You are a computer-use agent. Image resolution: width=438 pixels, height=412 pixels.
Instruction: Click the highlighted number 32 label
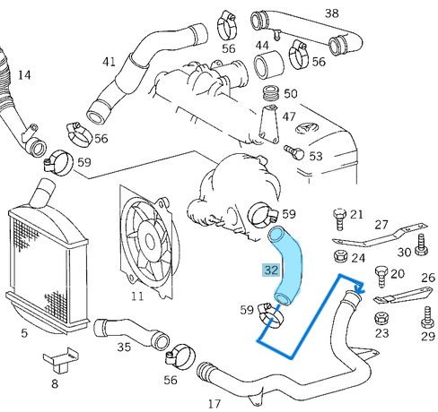point(270,268)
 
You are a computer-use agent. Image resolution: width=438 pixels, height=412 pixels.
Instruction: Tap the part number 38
point(307,13)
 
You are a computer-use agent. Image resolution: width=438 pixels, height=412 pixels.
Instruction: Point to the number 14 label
point(23,75)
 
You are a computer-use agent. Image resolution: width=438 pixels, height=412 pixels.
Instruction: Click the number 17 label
point(214,403)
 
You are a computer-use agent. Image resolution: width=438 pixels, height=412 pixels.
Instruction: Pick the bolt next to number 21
point(337,216)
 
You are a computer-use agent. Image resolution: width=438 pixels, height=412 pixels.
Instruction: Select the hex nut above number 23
point(381,317)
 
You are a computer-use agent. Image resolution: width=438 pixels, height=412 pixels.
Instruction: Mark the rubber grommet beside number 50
point(267,94)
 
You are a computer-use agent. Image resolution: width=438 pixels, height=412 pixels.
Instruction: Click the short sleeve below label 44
point(267,66)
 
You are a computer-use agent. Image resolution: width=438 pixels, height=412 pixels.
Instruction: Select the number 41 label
point(109,62)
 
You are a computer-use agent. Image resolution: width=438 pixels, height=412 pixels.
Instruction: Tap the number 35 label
point(124,346)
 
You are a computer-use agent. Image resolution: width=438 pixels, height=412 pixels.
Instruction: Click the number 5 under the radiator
point(24,333)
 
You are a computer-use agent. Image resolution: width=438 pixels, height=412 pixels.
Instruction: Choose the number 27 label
point(381,224)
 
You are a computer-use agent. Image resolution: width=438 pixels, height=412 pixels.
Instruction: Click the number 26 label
point(427,278)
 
